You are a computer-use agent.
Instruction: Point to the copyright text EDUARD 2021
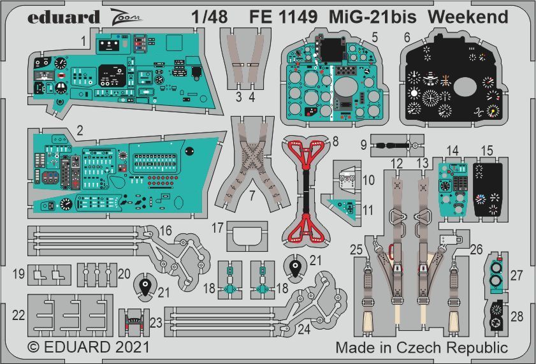tap(89, 347)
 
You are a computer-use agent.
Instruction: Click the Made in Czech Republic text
tap(421, 348)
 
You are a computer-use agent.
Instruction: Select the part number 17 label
tap(218, 228)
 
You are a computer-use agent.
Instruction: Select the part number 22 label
tap(19, 314)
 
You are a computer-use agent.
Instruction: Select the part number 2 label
tap(80, 129)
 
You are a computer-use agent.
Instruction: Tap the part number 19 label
tap(19, 274)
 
